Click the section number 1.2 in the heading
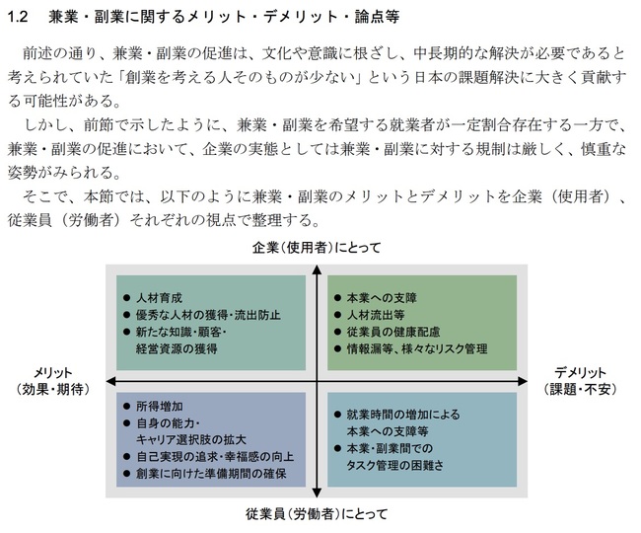click(x=19, y=17)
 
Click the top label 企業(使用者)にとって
click(x=317, y=248)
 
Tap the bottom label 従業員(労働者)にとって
click(x=317, y=514)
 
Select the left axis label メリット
click(x=52, y=373)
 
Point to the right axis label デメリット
click(x=580, y=373)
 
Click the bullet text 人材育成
click(x=160, y=298)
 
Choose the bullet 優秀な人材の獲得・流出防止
click(x=208, y=315)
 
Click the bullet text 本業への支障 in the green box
click(x=382, y=298)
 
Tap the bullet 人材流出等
click(x=376, y=315)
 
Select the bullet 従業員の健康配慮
click(x=393, y=332)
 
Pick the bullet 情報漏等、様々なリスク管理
click(x=417, y=349)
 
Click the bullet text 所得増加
click(x=160, y=407)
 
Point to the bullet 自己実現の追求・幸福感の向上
click(x=215, y=457)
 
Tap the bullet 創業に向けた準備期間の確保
click(x=211, y=474)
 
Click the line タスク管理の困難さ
click(x=394, y=466)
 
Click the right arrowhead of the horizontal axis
click(x=523, y=382)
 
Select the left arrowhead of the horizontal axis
click(x=110, y=382)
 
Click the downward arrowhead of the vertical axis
click(x=317, y=493)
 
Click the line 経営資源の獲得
click(x=177, y=349)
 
